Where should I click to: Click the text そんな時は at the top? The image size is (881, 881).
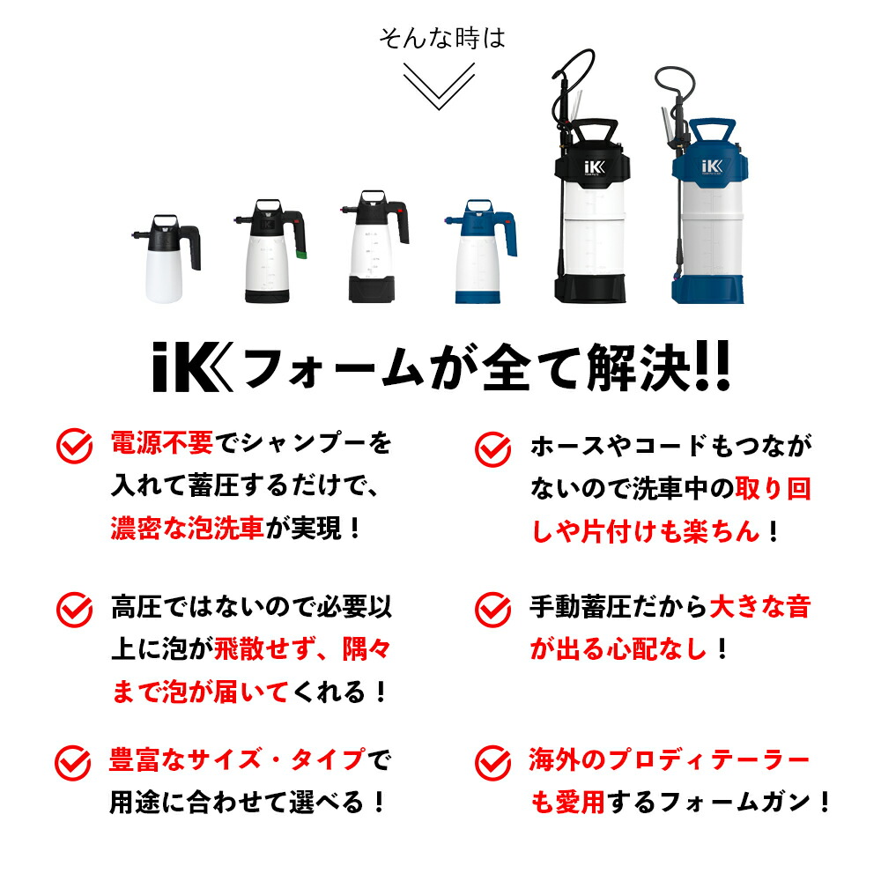click(x=443, y=40)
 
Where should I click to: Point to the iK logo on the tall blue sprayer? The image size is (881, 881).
click(x=709, y=165)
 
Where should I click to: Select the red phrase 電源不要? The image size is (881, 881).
click(x=162, y=444)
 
